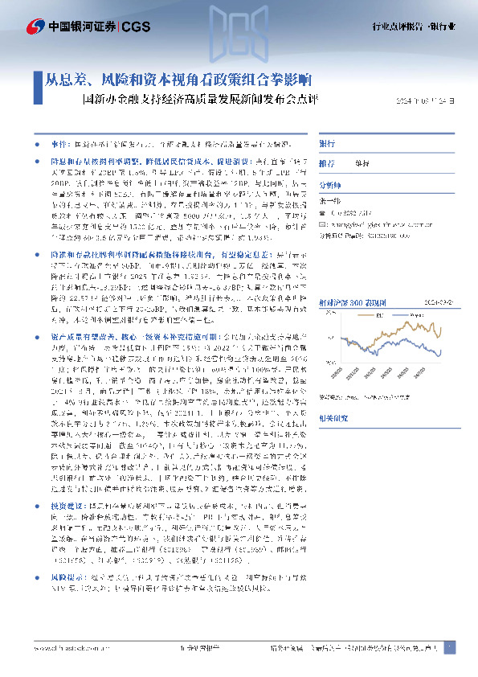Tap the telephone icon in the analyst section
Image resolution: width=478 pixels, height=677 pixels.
(x=323, y=213)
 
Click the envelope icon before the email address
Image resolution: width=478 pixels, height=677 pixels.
(x=323, y=226)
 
